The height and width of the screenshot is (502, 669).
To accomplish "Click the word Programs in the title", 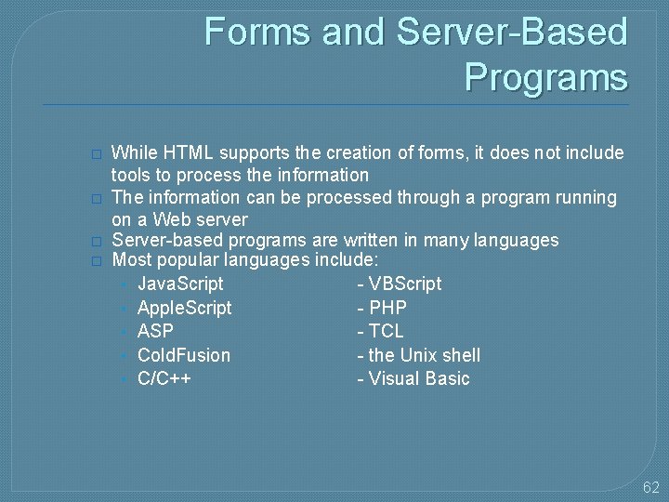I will [x=545, y=76].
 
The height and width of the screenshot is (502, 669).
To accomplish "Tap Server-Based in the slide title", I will [x=512, y=32].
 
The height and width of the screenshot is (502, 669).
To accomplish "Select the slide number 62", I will [x=650, y=486].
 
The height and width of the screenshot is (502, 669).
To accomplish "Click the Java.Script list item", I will [x=180, y=283].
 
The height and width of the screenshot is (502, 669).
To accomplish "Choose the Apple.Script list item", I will [x=184, y=307].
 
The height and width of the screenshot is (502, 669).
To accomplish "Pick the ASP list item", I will [x=155, y=331].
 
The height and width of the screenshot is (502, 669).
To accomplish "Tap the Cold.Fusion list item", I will [x=184, y=355].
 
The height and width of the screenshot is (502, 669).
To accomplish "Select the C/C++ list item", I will [x=164, y=378].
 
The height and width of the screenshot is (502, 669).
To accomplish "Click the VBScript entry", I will [x=404, y=283].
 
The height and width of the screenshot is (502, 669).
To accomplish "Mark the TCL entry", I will [x=386, y=331].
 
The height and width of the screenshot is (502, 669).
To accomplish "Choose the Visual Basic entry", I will [x=418, y=378].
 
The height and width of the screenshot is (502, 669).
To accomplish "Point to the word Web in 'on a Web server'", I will [x=174, y=219].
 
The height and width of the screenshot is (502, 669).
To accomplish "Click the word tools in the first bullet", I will [x=132, y=175].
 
